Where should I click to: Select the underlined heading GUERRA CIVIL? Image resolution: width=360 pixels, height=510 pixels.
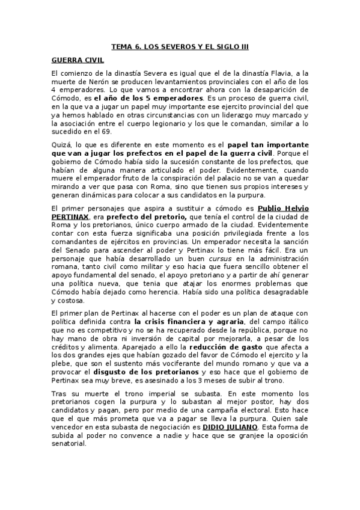(x=77, y=60)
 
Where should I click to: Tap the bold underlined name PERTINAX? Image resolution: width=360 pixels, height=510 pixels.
(x=71, y=217)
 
